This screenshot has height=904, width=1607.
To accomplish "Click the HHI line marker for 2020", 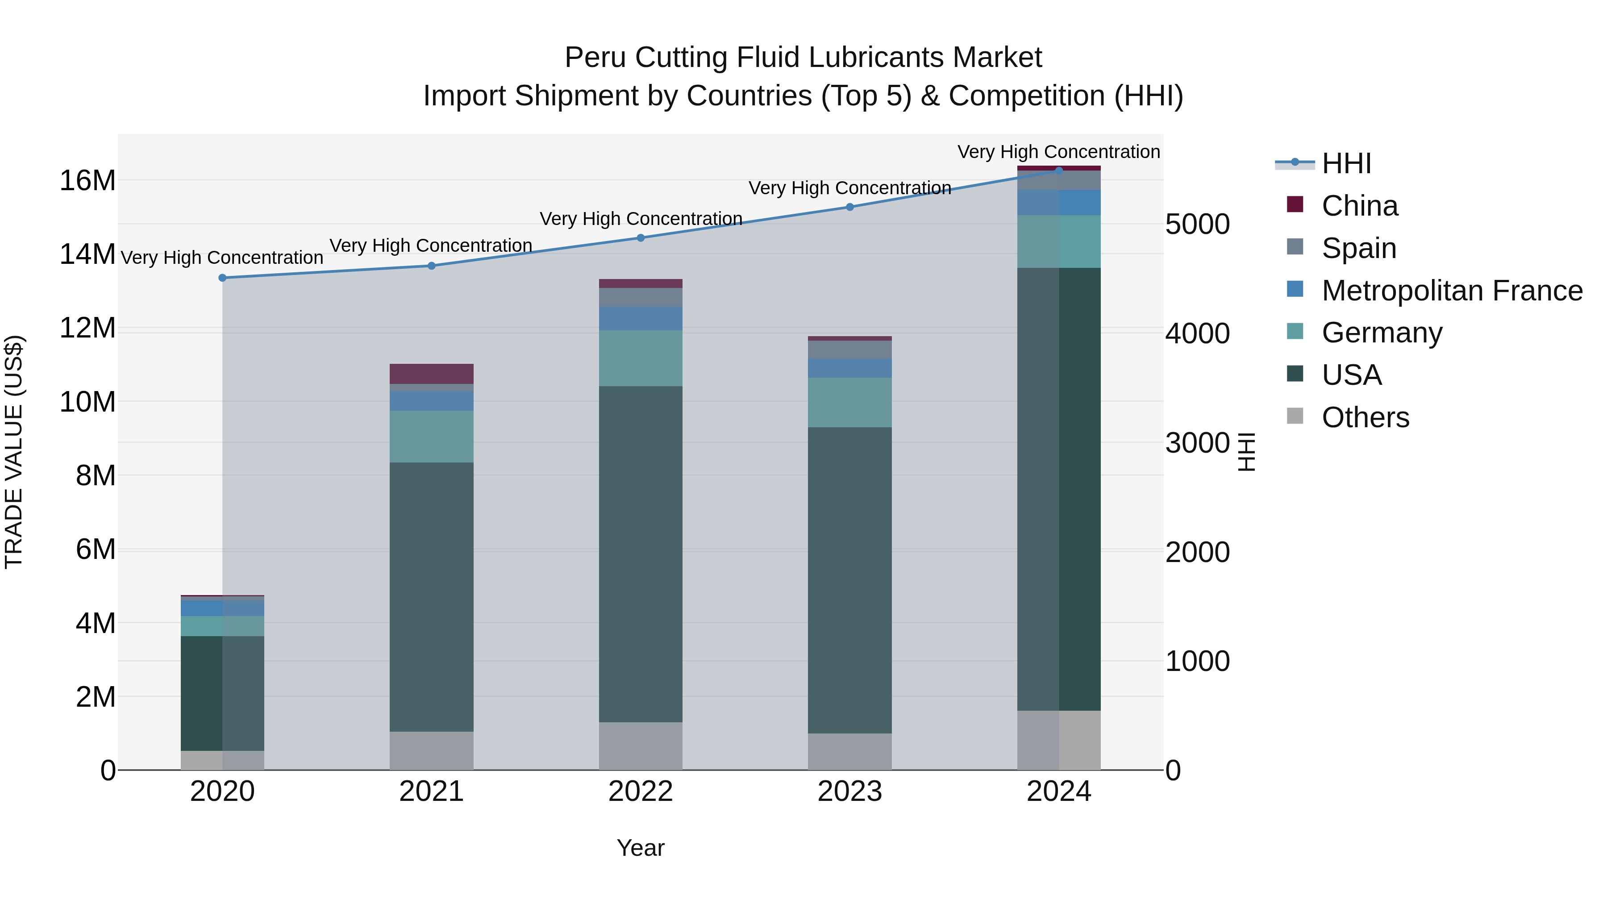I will [223, 278].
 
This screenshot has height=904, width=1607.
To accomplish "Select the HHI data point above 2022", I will [641, 237].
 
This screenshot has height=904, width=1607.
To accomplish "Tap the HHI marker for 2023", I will [849, 207].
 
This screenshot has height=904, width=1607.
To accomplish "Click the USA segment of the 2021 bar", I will [432, 596].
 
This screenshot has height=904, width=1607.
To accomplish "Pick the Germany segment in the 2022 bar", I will [641, 358].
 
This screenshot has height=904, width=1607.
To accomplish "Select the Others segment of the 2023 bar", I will [849, 751].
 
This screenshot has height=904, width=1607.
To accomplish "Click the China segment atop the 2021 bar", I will [432, 374].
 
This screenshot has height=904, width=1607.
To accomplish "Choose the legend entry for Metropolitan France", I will [1452, 291].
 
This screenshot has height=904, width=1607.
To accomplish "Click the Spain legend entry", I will [1359, 248].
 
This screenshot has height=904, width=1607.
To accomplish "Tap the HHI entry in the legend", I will [1346, 163].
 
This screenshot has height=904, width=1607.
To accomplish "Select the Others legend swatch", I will [1295, 416].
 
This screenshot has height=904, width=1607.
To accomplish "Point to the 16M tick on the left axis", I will [87, 181].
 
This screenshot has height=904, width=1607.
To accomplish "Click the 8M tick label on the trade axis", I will [96, 476].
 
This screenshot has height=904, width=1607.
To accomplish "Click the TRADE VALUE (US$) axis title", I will [14, 452].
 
